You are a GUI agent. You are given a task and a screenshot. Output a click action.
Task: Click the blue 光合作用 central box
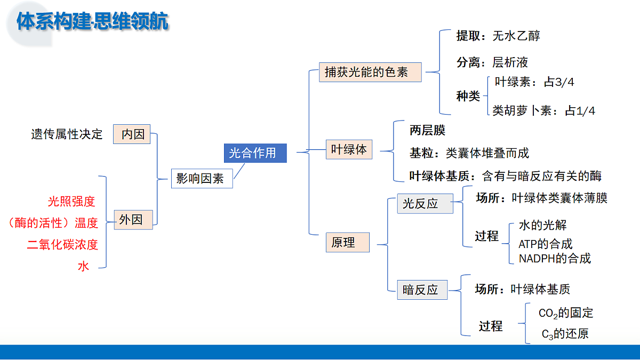(255, 153)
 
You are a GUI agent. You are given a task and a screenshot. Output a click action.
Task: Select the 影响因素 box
(202, 179)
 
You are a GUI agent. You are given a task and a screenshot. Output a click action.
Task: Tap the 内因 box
(132, 134)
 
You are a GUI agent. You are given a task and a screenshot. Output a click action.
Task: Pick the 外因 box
(133, 220)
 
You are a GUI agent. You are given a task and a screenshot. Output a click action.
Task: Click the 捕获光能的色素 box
(370, 73)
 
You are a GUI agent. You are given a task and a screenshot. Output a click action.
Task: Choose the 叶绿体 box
(349, 149)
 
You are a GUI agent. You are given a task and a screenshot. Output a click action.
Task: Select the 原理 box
(347, 242)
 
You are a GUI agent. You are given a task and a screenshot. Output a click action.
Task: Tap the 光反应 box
(425, 204)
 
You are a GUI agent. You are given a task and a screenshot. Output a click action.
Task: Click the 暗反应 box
(422, 290)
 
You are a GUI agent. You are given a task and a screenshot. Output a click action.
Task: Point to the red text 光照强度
(71, 202)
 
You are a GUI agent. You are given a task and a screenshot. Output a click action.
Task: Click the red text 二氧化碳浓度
(62, 245)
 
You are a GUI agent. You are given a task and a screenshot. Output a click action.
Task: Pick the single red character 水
(83, 266)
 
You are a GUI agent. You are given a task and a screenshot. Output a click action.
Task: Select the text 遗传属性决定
(67, 134)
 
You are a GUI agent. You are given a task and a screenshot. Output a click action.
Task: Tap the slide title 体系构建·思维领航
(92, 21)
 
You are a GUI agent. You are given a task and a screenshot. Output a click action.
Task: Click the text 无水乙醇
(516, 36)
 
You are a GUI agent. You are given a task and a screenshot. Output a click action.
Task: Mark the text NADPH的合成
(555, 259)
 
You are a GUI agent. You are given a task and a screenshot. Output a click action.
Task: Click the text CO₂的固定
(566, 313)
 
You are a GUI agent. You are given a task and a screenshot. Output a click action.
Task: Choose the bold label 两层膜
(427, 130)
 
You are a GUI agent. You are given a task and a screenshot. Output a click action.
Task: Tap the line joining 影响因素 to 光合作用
(239, 171)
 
